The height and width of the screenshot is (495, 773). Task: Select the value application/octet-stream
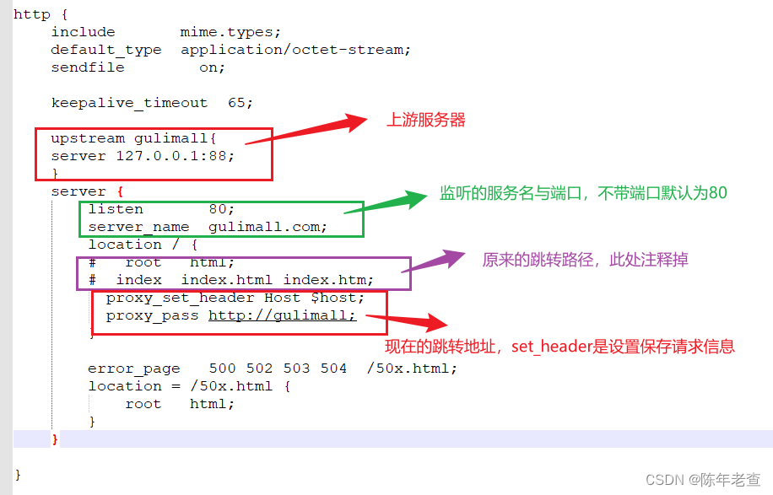tap(295, 50)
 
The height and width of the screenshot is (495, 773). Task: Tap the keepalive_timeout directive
tap(129, 103)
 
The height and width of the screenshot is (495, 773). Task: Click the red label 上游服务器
tap(426, 120)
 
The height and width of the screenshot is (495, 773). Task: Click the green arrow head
tap(417, 199)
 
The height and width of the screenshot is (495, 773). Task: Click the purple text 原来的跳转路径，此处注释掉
tap(585, 260)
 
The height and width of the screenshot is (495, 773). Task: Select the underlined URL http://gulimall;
tap(283, 315)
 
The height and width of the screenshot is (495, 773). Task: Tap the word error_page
tap(133, 369)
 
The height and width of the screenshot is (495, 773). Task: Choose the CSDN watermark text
tap(703, 479)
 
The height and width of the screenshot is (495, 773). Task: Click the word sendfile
tap(87, 67)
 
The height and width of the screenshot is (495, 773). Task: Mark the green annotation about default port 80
tap(583, 193)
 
